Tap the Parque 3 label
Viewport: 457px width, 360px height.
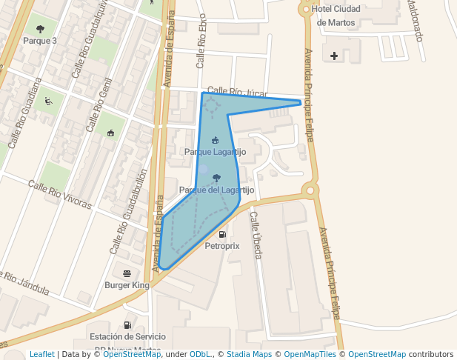[40, 41]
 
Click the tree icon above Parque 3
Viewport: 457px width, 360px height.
[40, 30]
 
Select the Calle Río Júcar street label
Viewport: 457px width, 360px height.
[236, 92]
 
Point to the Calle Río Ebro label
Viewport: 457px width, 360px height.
[201, 49]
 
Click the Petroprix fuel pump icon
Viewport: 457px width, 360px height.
[222, 234]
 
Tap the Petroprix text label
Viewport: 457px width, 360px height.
[222, 245]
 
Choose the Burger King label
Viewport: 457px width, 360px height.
[127, 284]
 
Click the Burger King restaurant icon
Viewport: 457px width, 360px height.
[127, 273]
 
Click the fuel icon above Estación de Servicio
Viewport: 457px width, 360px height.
[127, 324]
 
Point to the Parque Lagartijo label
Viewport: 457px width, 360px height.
[215, 152]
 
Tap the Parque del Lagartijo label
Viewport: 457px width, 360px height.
[217, 190]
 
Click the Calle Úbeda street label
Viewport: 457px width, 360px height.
[256, 235]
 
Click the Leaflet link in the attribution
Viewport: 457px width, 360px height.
[41, 354]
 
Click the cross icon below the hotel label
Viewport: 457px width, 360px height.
[334, 56]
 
